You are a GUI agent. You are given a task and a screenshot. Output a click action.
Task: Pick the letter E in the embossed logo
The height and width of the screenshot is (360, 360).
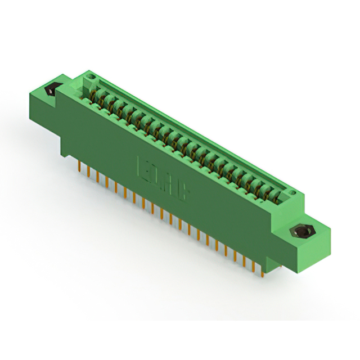click(x=143, y=169)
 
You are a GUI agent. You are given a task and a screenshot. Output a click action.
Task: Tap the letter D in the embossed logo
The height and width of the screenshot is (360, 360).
click(x=157, y=177)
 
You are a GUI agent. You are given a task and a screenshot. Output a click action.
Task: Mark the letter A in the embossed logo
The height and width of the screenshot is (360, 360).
click(x=170, y=185)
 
